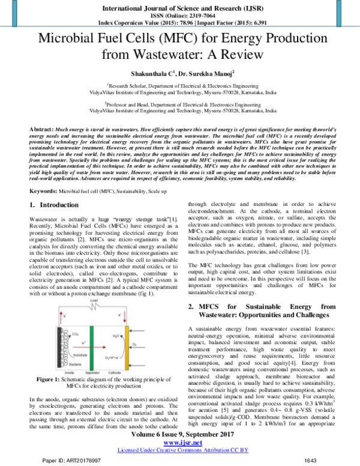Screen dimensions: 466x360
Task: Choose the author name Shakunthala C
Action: pos(150,71)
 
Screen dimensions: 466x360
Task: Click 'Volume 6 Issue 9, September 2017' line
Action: pos(179,434)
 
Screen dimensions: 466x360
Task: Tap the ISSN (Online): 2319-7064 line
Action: pos(179,17)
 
